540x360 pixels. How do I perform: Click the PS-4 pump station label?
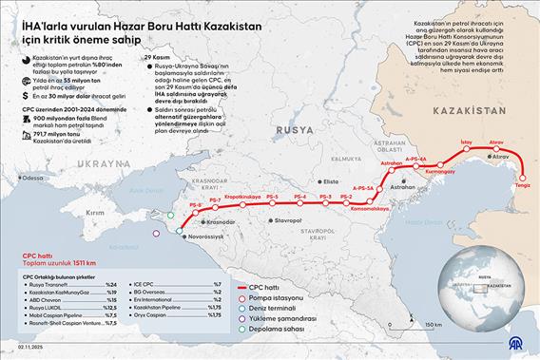[x=300, y=196]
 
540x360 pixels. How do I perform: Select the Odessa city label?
[x=34, y=178]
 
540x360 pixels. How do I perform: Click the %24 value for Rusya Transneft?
[x=110, y=285]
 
